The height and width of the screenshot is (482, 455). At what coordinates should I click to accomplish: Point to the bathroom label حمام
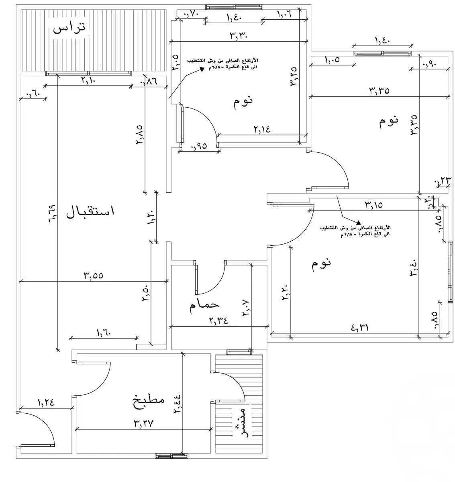pyautogui.click(x=204, y=305)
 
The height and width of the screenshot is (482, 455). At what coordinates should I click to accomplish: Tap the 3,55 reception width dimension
pyautogui.click(x=93, y=276)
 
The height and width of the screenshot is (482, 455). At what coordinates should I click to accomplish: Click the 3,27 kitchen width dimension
pyautogui.click(x=144, y=423)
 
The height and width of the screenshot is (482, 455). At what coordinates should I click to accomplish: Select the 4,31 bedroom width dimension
pyautogui.click(x=360, y=327)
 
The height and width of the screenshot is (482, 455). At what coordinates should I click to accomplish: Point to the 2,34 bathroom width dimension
pyautogui.click(x=218, y=321)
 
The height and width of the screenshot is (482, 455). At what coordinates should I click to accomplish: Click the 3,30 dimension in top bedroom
pyautogui.click(x=239, y=35)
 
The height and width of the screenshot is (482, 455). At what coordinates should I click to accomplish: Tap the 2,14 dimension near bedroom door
pyautogui.click(x=262, y=129)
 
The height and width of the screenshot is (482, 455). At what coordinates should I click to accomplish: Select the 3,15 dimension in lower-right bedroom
pyautogui.click(x=373, y=205)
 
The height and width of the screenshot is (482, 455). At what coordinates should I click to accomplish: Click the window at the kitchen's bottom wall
pyautogui.click(x=171, y=456)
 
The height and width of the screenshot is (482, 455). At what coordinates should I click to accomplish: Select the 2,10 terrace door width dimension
pyautogui.click(x=88, y=80)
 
